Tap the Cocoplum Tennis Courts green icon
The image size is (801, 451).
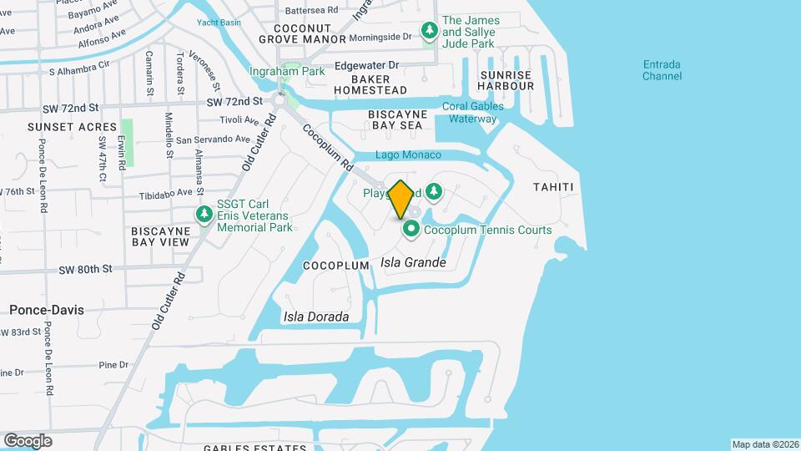point(411,229)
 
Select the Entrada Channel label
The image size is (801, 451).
point(662,70)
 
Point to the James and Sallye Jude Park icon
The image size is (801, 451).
point(430,31)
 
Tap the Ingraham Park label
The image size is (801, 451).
point(287,71)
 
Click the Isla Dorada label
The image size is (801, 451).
point(315,317)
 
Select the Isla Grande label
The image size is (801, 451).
point(413,262)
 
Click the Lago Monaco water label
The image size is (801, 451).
point(408,155)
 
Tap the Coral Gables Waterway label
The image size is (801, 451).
point(472,112)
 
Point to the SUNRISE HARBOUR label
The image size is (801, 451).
point(506,80)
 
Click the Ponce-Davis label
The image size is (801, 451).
point(47,309)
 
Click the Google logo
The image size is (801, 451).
point(28,440)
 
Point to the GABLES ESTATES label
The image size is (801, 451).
point(255,448)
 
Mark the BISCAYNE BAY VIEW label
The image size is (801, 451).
point(160,235)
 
